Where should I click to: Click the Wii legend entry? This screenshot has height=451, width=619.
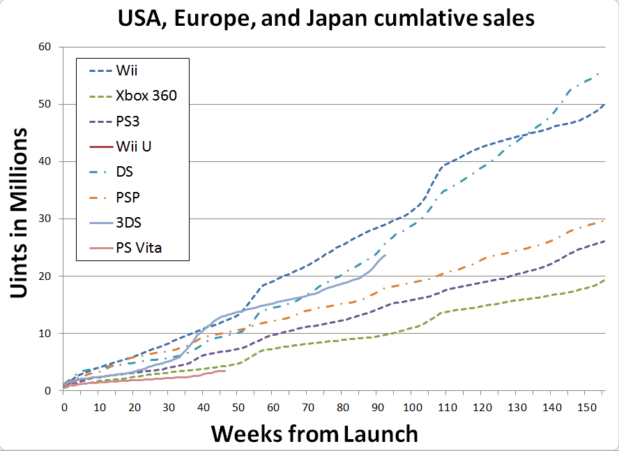(x=126, y=71)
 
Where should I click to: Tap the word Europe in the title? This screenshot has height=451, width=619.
(x=225, y=19)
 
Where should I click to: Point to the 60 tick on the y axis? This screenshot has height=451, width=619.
(x=45, y=47)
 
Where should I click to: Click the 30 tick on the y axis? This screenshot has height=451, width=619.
(x=45, y=219)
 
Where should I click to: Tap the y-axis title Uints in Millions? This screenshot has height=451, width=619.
(x=21, y=213)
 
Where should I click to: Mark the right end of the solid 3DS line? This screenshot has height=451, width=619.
(x=385, y=255)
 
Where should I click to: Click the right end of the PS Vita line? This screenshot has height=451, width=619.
(x=224, y=371)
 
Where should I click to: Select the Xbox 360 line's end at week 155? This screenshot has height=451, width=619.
(x=604, y=280)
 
